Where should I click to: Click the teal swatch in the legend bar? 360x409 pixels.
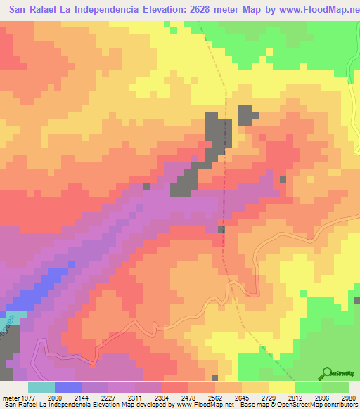coord(41,387)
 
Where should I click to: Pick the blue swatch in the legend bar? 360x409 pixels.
coord(68,387)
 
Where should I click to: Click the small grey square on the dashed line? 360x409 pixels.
coord(221,229)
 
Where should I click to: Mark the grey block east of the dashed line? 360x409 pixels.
coord(245,115)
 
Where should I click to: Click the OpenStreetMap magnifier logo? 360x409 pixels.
coord(328,372)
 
